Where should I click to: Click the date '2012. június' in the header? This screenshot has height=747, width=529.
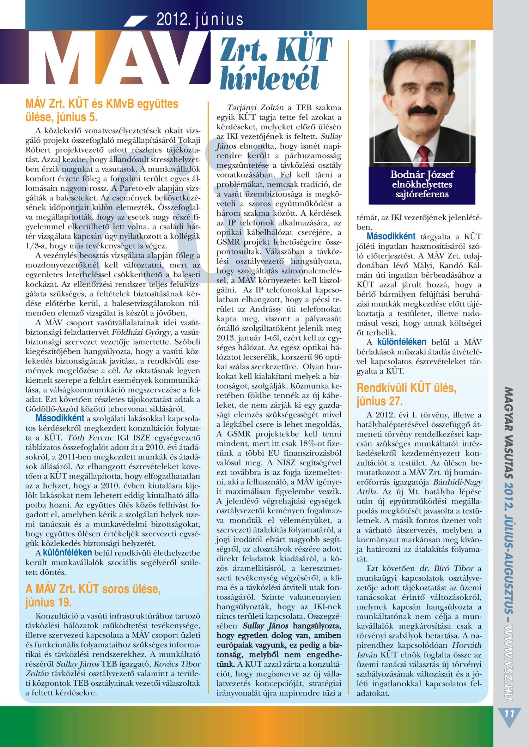coord(200,19)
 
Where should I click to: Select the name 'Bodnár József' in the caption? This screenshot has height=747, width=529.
coord(422,175)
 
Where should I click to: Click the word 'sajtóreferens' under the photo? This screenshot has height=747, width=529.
coord(422,195)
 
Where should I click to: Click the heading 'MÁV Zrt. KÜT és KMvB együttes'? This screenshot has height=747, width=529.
coord(102,104)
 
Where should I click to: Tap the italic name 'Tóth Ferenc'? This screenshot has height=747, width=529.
coord(95,438)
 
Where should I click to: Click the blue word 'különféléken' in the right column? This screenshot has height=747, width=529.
coord(402,342)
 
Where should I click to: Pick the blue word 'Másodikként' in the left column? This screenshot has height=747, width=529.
coord(60,418)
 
